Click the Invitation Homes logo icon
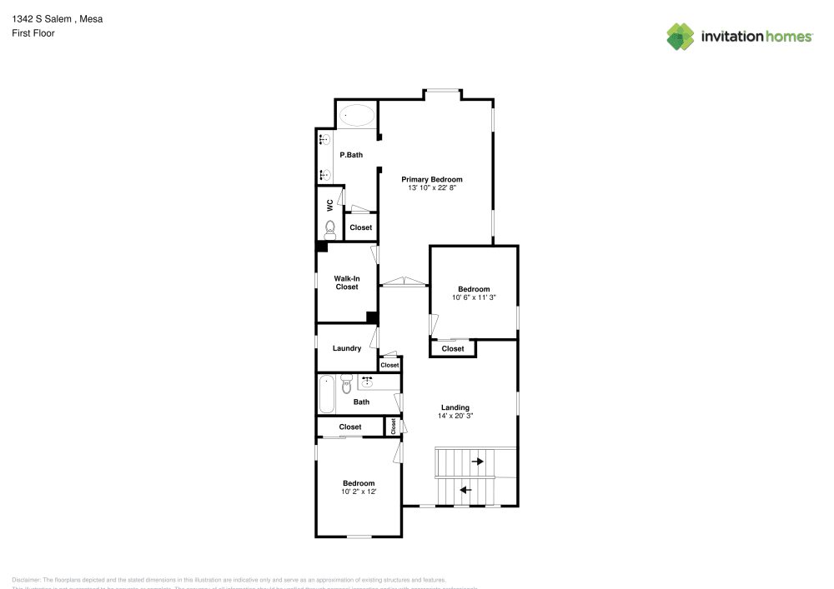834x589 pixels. coord(681,36)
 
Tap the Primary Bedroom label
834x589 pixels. coord(431,179)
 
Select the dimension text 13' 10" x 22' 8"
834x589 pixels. coord(431,188)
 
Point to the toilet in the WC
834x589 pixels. coord(330,227)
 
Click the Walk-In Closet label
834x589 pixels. coord(347,282)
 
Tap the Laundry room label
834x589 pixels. coord(346,348)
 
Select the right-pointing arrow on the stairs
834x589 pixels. coord(478,460)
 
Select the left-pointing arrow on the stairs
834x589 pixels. coord(465,490)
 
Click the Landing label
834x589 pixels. coord(455,407)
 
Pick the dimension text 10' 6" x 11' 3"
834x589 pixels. coord(474,297)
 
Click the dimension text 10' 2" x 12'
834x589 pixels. coord(359,492)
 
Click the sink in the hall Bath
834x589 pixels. coord(367,382)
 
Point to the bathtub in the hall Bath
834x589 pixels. coord(326,394)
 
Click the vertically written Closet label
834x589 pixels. coord(393,426)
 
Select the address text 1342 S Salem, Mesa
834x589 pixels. coord(58,18)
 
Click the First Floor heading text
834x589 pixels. coord(33,33)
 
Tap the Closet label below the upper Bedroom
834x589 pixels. coord(453,349)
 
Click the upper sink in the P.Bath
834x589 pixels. coord(324,141)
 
